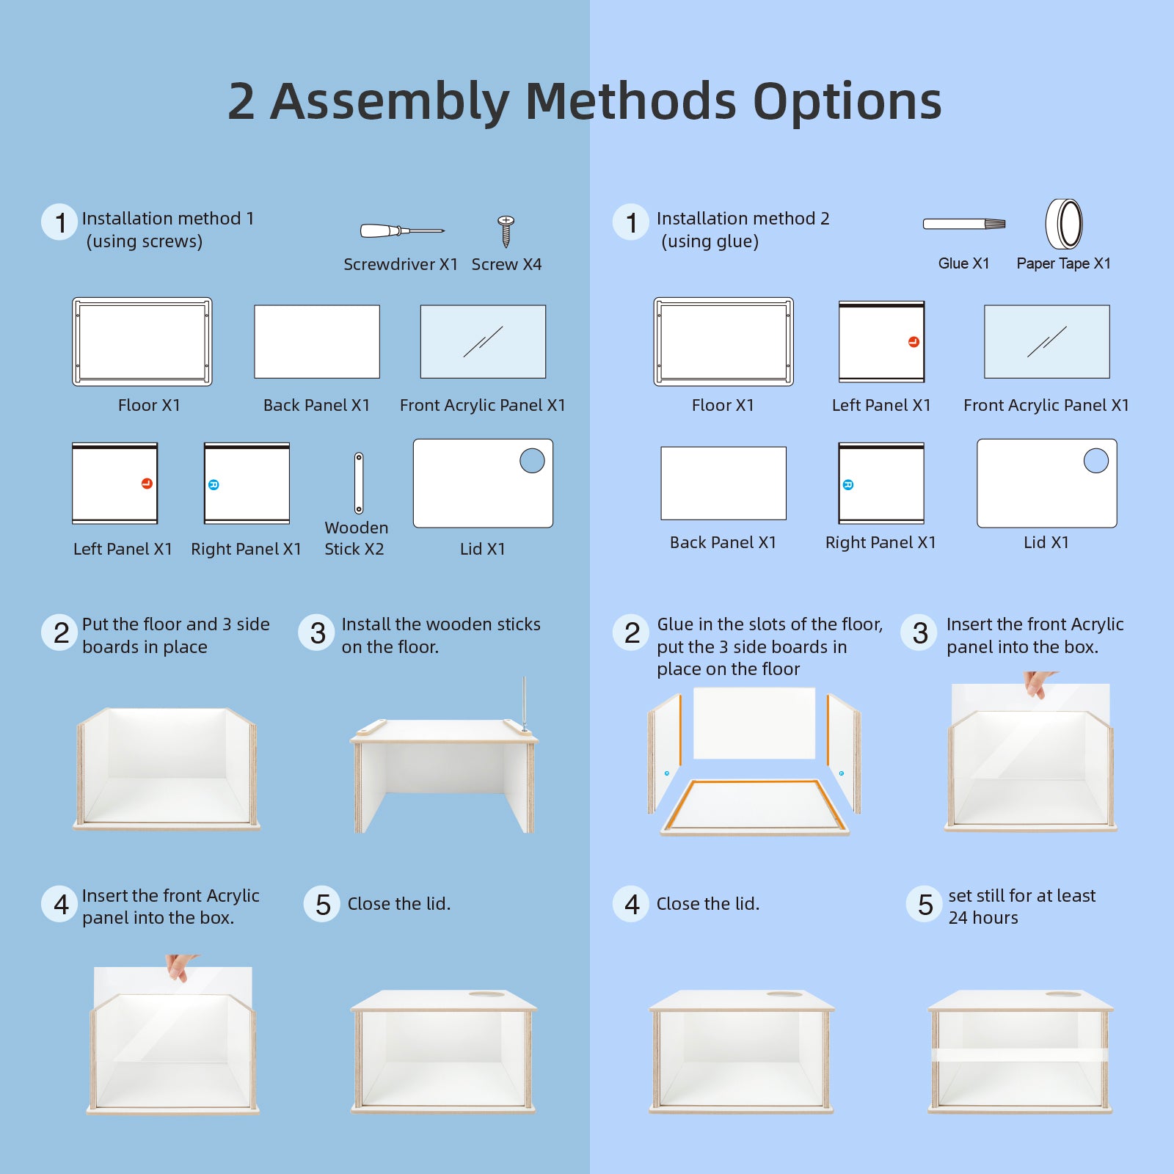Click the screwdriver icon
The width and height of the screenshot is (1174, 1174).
click(402, 231)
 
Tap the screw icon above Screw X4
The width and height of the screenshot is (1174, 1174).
click(506, 231)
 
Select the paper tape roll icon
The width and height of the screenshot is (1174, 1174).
click(1064, 224)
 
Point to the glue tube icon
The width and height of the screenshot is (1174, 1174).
click(964, 224)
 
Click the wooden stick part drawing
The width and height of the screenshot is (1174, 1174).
click(359, 483)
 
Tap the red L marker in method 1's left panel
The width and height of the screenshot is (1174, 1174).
click(147, 483)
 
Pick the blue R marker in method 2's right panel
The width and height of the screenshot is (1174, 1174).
click(848, 484)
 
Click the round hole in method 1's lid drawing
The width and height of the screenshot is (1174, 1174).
click(532, 461)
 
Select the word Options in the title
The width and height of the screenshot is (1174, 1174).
click(847, 101)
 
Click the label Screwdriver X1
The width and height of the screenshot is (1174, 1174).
click(401, 264)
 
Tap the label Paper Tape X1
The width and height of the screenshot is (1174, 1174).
click(1063, 263)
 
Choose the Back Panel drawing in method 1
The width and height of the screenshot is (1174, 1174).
click(317, 342)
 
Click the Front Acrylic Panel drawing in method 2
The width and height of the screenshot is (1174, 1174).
click(1047, 342)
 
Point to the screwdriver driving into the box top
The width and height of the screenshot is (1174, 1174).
click(524, 704)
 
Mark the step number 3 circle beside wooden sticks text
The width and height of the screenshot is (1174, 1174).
click(317, 633)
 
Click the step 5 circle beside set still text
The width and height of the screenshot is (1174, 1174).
click(925, 904)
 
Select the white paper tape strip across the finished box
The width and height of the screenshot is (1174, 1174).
click(1020, 1055)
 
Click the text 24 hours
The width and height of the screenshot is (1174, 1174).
click(983, 918)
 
